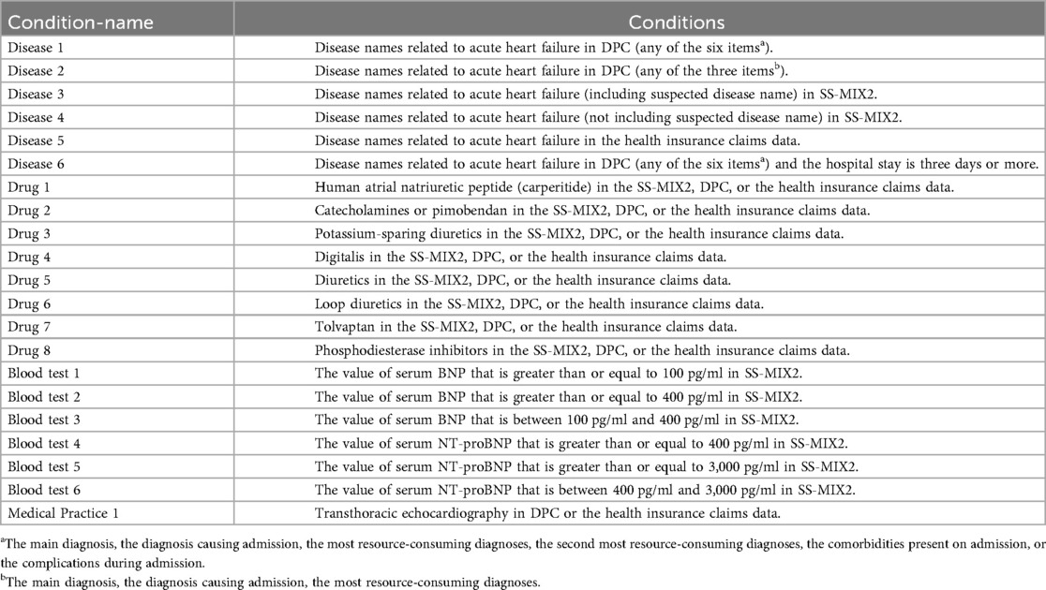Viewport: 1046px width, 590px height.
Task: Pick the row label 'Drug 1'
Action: point(29,187)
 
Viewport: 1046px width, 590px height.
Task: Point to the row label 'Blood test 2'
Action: point(44,396)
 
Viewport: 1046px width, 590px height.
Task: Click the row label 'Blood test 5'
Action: point(44,465)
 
